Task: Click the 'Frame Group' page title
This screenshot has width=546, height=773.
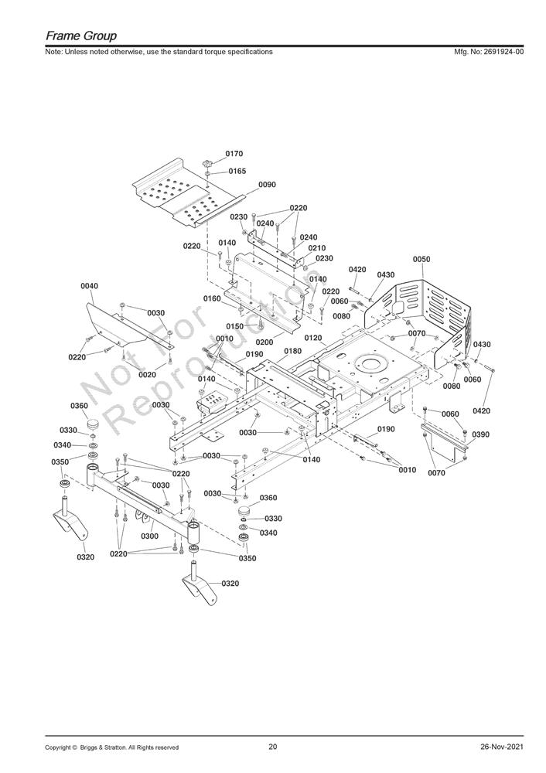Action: coord(81,36)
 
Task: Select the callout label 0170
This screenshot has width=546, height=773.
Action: coord(234,154)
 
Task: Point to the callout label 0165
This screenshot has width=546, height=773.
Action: coord(237,171)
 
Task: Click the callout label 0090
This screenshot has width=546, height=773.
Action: coord(268,185)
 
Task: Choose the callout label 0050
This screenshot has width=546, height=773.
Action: coord(421,259)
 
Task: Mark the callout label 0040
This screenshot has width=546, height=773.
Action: coord(89,286)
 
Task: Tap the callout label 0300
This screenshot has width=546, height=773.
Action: coord(150,536)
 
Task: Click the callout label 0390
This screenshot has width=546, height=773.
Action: coord(481,434)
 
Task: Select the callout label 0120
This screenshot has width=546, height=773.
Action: coord(313,339)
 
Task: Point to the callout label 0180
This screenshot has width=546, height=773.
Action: coord(292,351)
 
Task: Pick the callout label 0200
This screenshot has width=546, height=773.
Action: coord(264,342)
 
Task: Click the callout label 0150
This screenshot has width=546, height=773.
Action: coord(235,326)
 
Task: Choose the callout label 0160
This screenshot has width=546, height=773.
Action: coord(212,299)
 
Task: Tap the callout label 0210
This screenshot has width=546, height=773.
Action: coord(316,248)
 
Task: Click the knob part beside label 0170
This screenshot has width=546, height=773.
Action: coord(207,163)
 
